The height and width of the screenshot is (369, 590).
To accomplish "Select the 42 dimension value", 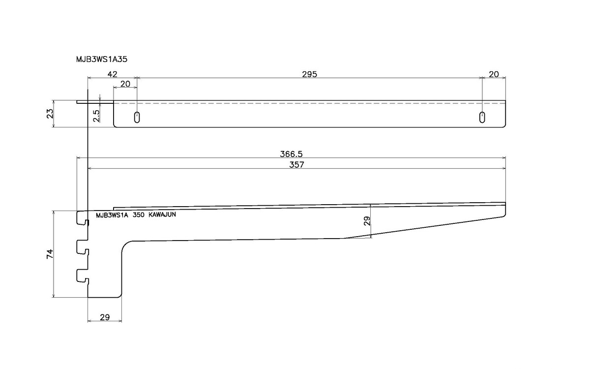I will coord(112,74).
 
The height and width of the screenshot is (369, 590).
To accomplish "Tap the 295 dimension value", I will coord(309,74).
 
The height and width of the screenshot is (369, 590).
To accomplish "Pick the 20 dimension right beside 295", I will coord(494,74).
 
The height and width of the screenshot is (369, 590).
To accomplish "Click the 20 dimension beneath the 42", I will coord(125,84).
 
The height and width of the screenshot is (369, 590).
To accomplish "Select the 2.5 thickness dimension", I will coord(96,116).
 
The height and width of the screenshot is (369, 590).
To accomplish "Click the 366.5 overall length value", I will coord(291,154).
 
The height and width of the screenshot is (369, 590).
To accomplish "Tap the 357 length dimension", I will coord(296,165).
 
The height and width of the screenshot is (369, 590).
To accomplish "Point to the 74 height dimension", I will coord(49,254).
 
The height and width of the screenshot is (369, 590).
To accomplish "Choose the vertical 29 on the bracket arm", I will coord(367,220).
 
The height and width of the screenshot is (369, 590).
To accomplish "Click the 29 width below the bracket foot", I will coord(104,317).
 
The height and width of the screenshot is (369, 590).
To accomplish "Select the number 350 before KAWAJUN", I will coord(139,215).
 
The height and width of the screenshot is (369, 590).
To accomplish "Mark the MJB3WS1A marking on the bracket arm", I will coord(112,215).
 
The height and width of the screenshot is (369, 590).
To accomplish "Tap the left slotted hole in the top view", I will coord(137,117).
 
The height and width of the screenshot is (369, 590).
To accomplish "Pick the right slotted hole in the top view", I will coord(483,117).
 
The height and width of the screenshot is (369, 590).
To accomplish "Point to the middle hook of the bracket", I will coord(82,247).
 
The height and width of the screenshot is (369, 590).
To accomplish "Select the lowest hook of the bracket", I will coord(82,276).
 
